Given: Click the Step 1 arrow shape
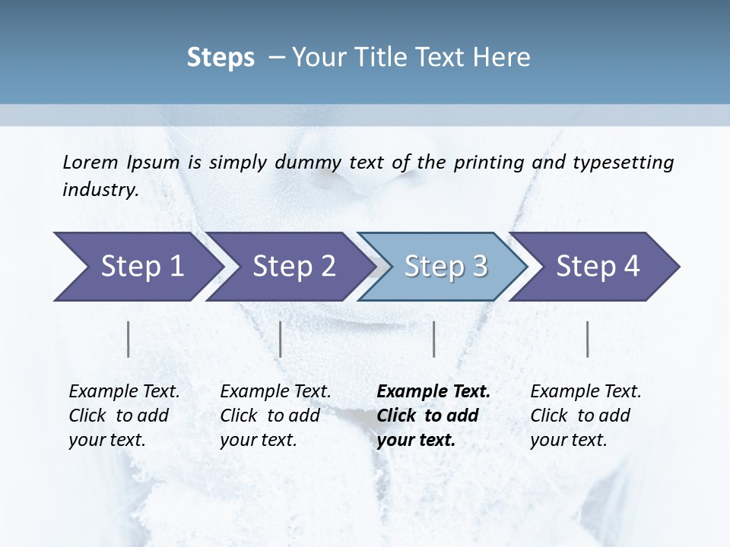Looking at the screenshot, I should pos(137,267).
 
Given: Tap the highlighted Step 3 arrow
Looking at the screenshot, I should pos(445,267).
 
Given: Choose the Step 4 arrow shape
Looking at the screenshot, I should pos(597,267).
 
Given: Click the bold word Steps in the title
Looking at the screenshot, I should pos(221,58).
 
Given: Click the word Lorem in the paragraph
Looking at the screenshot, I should pos(90,162).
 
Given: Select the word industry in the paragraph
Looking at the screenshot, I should pos(100,190).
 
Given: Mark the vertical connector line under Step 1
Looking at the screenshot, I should pos(128,339).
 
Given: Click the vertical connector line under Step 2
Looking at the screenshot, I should pos(281,339).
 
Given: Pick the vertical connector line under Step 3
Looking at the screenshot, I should pos(433,339).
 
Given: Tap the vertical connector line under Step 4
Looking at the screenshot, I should pos(587,339).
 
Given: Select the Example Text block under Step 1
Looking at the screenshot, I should pos(124,416).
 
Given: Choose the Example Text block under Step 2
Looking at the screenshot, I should pos(275,416).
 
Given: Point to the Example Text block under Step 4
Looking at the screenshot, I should pos(586,416).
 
